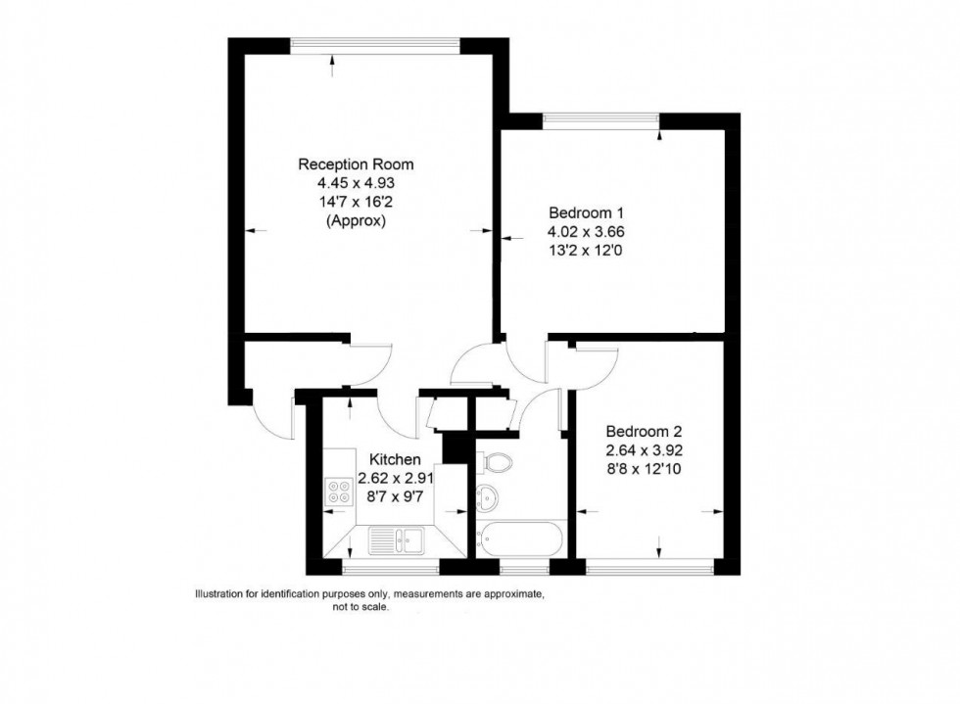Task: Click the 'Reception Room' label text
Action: pos(356,164)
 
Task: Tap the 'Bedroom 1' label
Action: pos(586,213)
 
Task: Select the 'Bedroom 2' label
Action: pos(643,432)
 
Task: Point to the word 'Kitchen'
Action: pos(395,459)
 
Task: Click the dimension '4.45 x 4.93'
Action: pos(356,183)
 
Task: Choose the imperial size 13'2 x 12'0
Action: pos(586,251)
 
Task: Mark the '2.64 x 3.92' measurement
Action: pos(643,450)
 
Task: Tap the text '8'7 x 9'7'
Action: pos(395,496)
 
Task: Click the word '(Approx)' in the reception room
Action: pos(356,221)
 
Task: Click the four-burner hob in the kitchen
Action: pos(340,491)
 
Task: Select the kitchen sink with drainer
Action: pos(396,539)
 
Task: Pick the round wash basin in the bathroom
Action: pos(487,496)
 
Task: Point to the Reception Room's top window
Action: pos(375,44)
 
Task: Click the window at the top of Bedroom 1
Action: pos(600,119)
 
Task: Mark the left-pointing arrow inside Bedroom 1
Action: pos(508,237)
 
